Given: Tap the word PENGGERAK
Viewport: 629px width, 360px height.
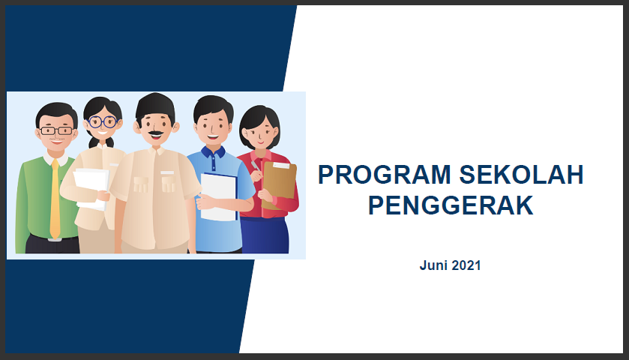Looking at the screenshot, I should [450, 205].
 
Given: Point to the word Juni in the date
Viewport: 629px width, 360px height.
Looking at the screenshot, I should [434, 265].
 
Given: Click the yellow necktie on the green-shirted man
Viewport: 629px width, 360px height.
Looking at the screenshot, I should [55, 199].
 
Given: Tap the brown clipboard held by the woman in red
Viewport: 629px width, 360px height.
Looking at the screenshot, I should [279, 184].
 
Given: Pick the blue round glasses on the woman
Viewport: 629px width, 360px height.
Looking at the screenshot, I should [102, 121].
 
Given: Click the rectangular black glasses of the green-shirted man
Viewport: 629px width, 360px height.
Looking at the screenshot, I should [56, 130].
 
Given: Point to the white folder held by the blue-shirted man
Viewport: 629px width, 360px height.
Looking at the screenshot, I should [219, 196].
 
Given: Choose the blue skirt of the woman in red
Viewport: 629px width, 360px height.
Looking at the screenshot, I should [264, 235].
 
